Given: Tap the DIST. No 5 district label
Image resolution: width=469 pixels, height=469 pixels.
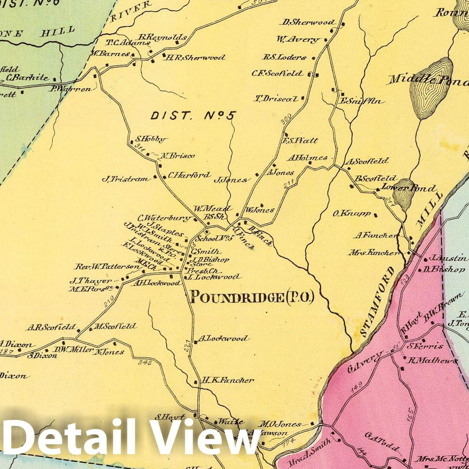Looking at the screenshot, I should tap(193, 115).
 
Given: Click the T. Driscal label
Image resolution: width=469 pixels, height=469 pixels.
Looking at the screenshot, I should tap(277, 98).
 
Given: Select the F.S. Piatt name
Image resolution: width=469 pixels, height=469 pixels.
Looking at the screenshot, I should tap(300, 140).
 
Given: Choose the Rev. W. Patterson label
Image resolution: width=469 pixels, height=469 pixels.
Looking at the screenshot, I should tap(107, 267).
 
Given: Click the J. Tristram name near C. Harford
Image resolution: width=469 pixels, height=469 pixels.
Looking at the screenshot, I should tap(125, 179).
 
